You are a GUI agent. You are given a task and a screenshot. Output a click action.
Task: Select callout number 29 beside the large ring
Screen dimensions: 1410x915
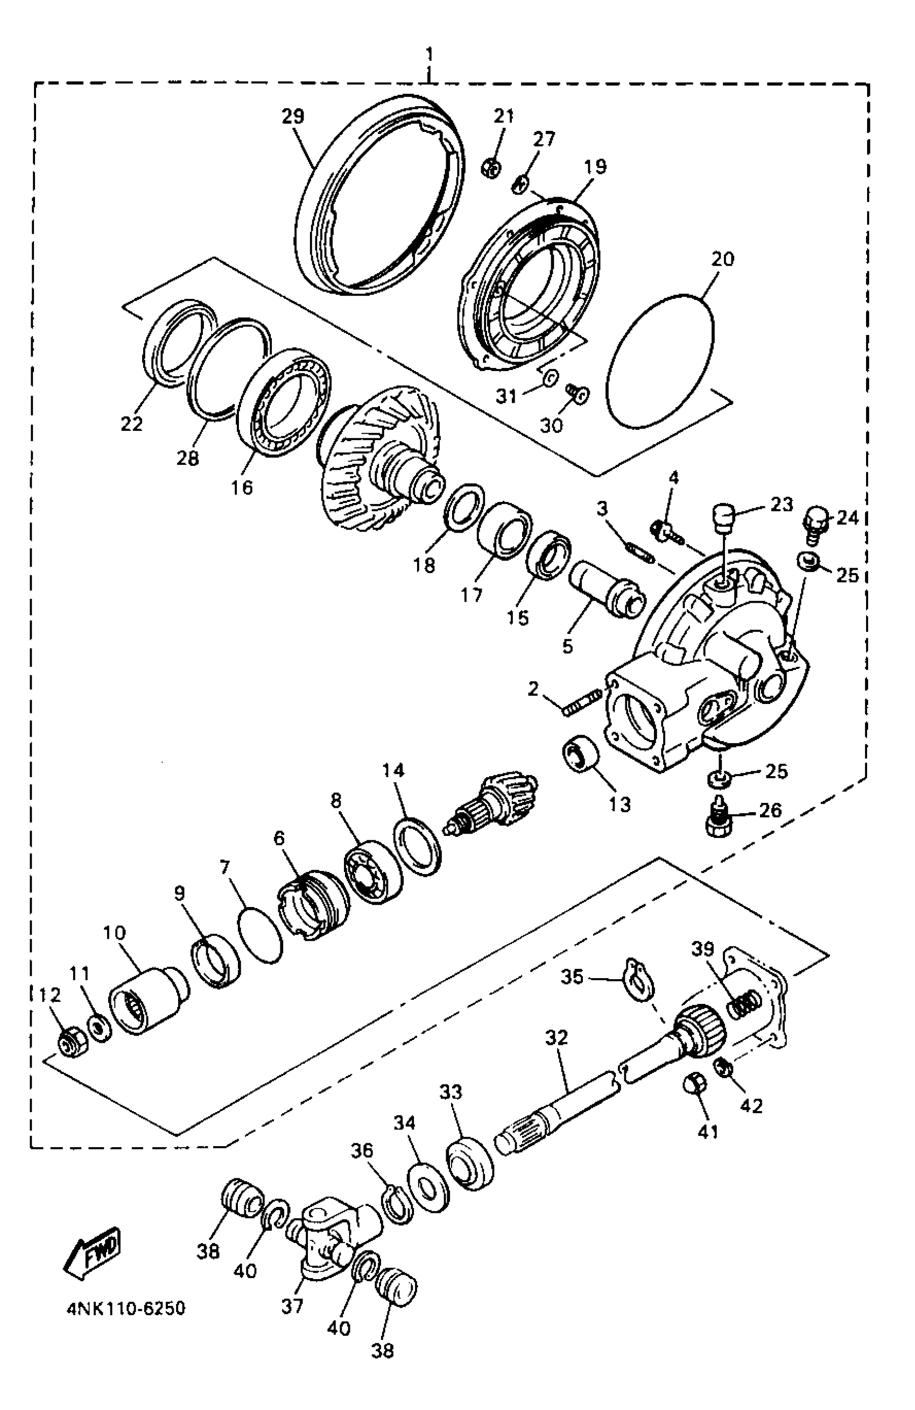[x=293, y=116]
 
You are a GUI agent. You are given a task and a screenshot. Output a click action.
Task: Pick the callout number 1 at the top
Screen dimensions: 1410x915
[x=430, y=55]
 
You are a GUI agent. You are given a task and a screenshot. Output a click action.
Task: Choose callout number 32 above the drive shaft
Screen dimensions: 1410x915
[x=556, y=1037]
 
